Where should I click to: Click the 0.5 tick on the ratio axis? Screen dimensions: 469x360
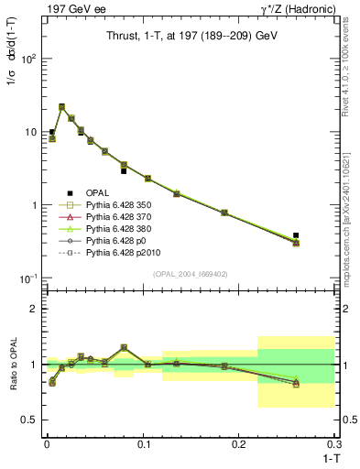point(32,420)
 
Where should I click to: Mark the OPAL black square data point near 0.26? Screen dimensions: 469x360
point(295,235)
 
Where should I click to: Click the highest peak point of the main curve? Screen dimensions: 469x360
point(61,107)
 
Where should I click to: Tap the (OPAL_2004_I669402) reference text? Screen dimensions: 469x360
point(188,274)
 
